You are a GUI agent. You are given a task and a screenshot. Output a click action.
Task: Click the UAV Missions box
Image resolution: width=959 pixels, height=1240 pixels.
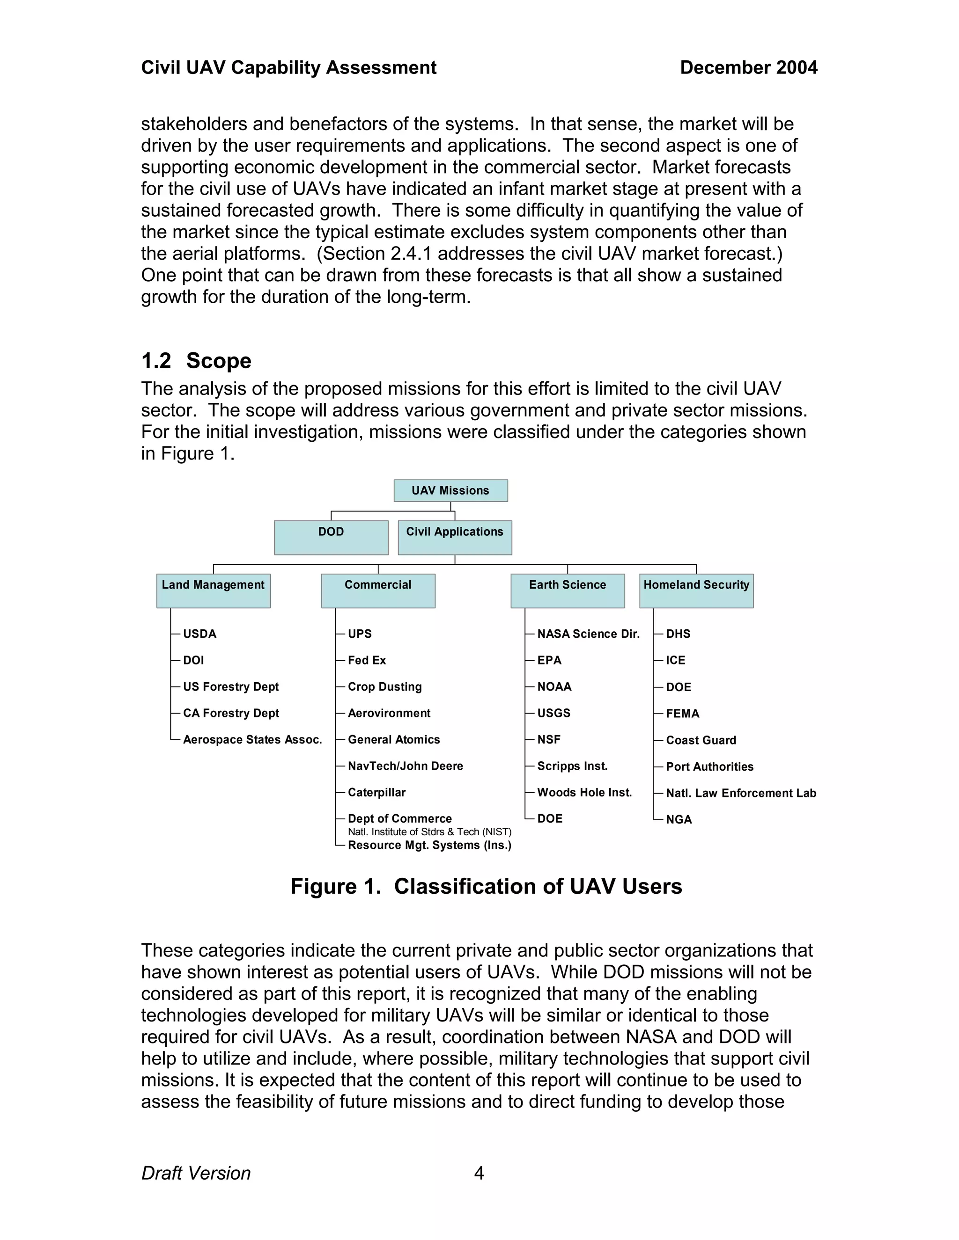tap(450, 490)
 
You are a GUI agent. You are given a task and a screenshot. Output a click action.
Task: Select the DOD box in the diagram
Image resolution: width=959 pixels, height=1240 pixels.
tap(331, 537)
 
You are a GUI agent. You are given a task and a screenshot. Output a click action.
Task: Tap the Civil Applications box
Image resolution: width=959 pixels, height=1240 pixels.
tap(455, 537)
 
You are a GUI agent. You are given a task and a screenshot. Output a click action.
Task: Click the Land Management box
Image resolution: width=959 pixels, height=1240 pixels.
tap(213, 591)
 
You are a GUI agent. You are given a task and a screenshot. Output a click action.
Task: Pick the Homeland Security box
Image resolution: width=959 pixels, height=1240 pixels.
tap(696, 591)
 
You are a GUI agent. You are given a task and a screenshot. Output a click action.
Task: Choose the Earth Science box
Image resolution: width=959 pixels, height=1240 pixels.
tap(567, 591)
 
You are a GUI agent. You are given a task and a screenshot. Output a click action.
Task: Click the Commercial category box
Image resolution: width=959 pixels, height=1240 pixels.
tap(378, 591)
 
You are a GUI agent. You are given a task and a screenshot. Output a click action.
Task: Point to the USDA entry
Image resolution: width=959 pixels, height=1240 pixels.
tap(199, 634)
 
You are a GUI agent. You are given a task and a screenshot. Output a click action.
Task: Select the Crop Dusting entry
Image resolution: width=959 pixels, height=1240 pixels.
tap(384, 686)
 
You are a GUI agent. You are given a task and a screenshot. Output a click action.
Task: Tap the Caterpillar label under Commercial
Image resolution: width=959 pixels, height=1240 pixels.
tap(376, 792)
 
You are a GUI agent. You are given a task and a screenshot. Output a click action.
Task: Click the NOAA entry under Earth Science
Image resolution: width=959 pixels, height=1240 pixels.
tap(554, 686)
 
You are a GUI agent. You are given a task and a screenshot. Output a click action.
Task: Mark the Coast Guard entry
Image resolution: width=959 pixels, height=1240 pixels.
tap(701, 740)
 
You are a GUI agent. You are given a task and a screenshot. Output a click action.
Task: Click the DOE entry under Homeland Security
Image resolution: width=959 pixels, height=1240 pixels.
tap(679, 687)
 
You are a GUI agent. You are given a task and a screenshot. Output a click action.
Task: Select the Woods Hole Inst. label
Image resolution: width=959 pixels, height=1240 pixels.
tap(584, 792)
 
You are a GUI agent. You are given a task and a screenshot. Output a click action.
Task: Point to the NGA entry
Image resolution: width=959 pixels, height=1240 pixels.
tap(679, 819)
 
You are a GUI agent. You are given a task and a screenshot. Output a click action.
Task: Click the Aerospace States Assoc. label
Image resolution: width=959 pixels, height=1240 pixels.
tap(252, 739)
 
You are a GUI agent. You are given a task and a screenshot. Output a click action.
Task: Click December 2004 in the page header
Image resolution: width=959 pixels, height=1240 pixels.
tap(748, 67)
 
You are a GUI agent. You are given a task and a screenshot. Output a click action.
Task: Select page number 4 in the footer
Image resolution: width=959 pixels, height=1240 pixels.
tap(479, 1173)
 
